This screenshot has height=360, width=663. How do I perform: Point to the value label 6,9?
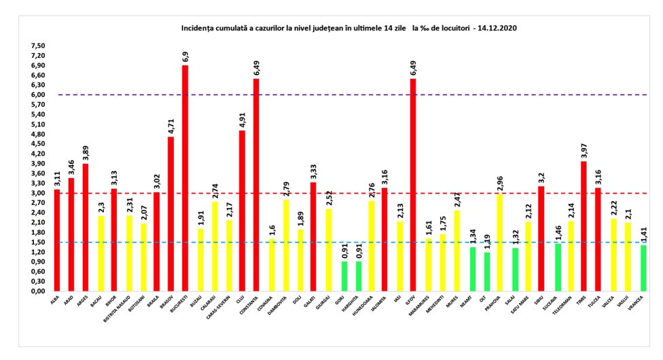[x=185, y=55]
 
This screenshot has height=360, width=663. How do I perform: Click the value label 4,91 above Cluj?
[x=242, y=118]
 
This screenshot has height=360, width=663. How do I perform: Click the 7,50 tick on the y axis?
[x=35, y=46]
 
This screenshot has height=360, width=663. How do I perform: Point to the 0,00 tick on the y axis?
[x=35, y=291]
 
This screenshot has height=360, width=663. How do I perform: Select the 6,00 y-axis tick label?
[x=35, y=95]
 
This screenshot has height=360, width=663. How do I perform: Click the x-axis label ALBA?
[x=56, y=300]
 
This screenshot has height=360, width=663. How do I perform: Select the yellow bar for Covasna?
[x=271, y=265]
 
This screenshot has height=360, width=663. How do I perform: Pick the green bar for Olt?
[x=486, y=272]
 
